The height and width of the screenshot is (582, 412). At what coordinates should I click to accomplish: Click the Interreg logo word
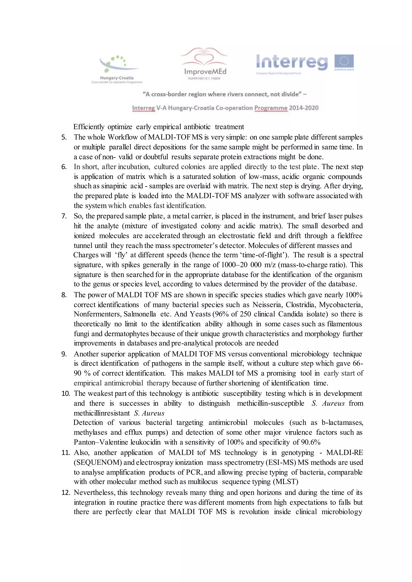click(292, 62)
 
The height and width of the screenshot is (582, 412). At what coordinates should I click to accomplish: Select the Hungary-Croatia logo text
click(117, 78)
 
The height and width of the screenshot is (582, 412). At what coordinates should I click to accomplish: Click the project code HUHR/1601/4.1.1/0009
click(204, 79)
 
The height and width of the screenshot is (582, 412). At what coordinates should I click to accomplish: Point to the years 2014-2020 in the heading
click(304, 108)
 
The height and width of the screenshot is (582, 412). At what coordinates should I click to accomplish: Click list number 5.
click(64, 138)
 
